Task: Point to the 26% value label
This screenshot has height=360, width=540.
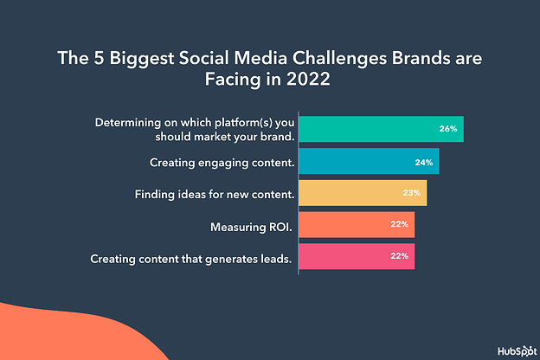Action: (447, 129)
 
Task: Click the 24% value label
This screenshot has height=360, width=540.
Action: (422, 161)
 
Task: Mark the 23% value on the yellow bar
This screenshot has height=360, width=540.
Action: (410, 193)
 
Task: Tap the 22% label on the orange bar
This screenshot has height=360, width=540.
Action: (398, 225)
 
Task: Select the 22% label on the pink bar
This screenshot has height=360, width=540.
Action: (398, 257)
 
